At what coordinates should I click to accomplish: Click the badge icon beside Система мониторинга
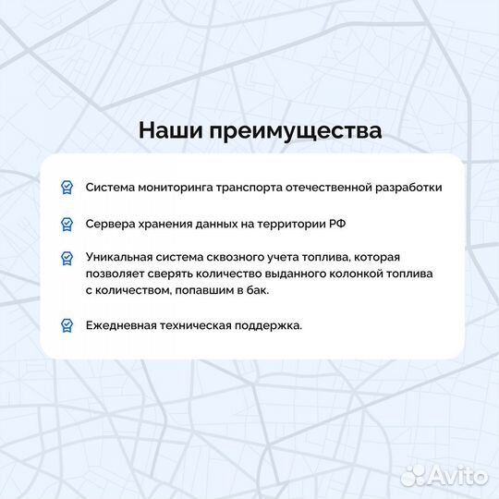click(67, 188)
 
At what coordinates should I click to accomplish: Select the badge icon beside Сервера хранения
click(67, 224)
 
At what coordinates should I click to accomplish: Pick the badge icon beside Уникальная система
click(67, 258)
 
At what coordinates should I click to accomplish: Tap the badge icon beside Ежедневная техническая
click(67, 325)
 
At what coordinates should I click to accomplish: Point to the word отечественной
click(321, 187)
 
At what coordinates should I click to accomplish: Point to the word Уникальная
click(121, 257)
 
